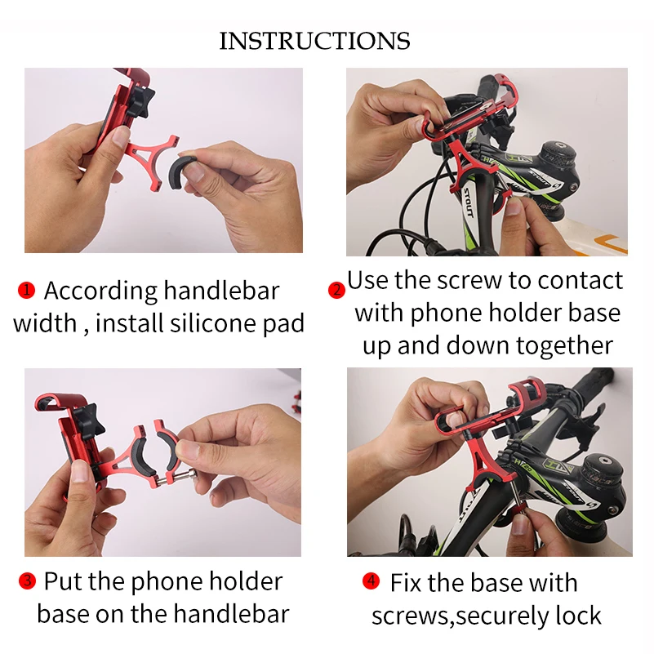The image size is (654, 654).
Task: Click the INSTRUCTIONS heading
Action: tap(314, 41)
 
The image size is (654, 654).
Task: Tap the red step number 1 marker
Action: tap(27, 290)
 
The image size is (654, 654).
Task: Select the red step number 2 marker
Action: tap(336, 290)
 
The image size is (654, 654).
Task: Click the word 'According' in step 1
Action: tap(100, 291)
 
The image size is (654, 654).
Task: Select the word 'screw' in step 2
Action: tap(465, 280)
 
